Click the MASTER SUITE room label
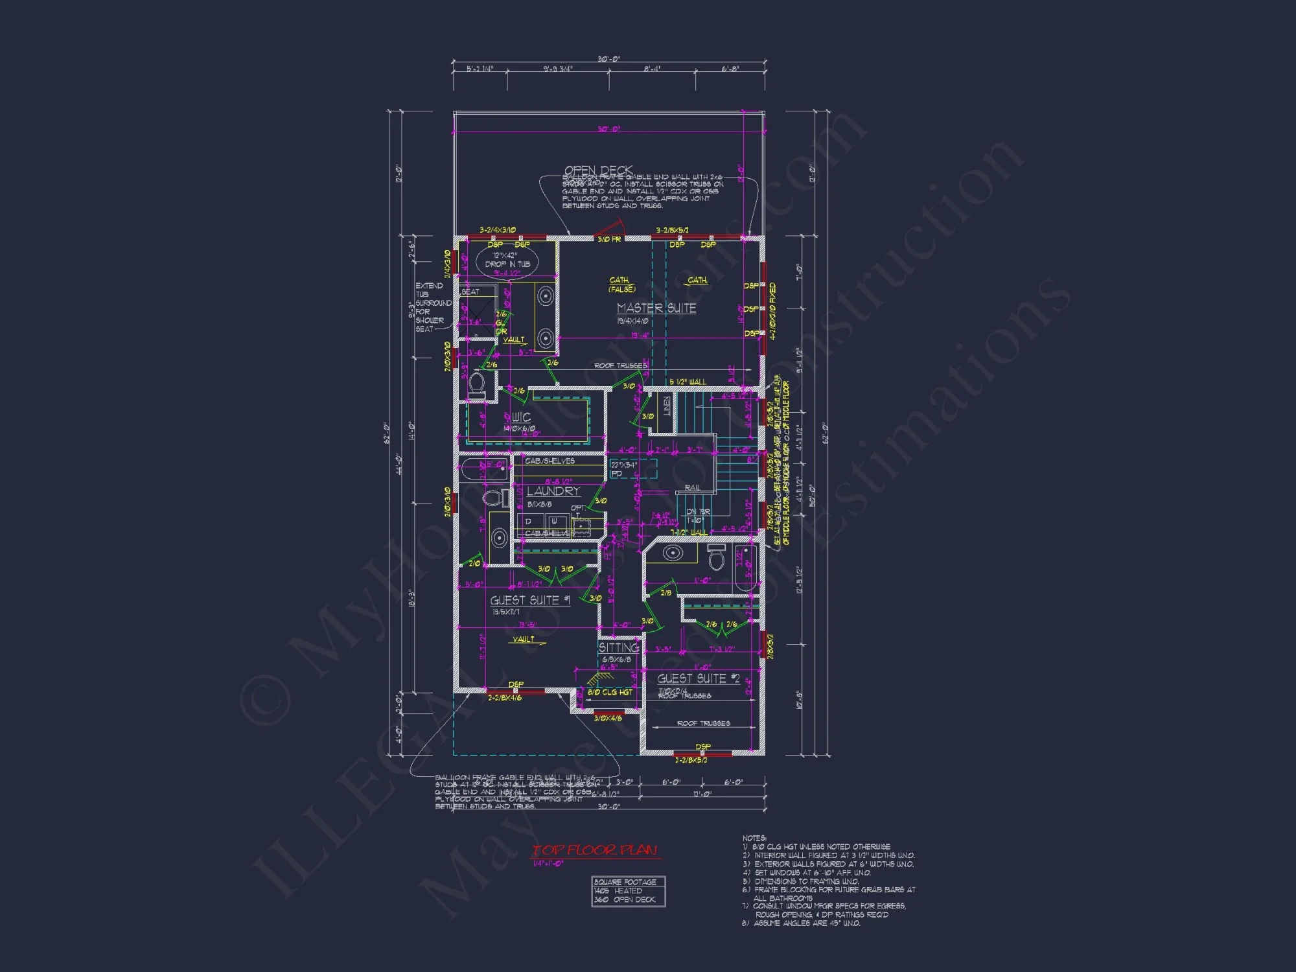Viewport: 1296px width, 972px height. tap(656, 308)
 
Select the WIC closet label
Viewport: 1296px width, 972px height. tap(521, 417)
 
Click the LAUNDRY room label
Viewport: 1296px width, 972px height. tap(553, 491)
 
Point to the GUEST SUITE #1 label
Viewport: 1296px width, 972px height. tap(529, 601)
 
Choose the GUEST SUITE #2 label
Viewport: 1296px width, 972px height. tap(698, 678)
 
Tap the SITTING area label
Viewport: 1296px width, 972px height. tap(618, 647)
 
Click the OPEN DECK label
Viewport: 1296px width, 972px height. tap(597, 170)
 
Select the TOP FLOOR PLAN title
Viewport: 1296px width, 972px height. tap(594, 850)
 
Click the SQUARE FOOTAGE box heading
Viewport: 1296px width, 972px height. tap(625, 882)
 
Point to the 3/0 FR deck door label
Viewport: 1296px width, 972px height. tap(608, 239)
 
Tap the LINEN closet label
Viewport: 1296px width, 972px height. tap(667, 407)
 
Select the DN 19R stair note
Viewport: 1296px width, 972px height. tap(698, 512)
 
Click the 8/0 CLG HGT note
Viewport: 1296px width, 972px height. tap(609, 692)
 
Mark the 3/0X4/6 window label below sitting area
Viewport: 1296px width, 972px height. tap(607, 718)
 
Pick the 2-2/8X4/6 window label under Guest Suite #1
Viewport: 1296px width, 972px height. tap(504, 698)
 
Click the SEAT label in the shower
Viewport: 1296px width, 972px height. tap(470, 292)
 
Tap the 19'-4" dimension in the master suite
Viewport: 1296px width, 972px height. tap(640, 336)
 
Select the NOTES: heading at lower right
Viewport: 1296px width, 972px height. tap(754, 838)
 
